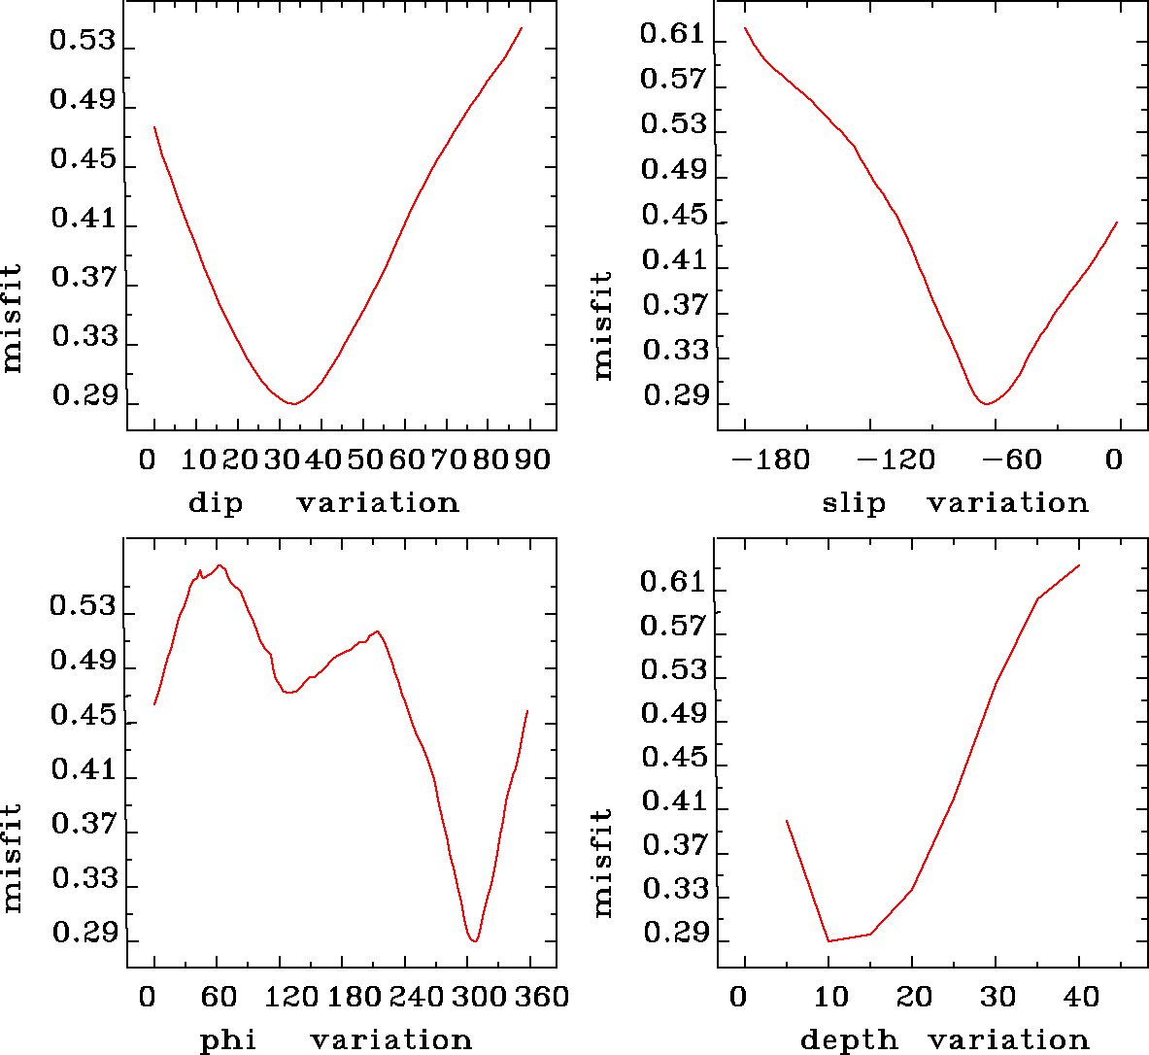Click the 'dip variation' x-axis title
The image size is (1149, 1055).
pyautogui.click(x=323, y=502)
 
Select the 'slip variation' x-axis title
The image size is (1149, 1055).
pyautogui.click(x=956, y=502)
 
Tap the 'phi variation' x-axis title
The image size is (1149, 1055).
pyautogui.click(x=335, y=1040)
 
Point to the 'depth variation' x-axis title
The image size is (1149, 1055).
pyautogui.click(x=944, y=1040)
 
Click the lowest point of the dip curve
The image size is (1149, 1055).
pyautogui.click(x=292, y=403)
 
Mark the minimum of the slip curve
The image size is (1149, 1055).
pyautogui.click(x=986, y=403)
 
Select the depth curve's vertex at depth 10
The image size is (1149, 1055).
pyautogui.click(x=828, y=941)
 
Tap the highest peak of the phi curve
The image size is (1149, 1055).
pyautogui.click(x=220, y=564)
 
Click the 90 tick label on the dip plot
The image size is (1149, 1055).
pyautogui.click(x=531, y=459)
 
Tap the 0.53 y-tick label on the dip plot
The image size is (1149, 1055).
pyautogui.click(x=83, y=43)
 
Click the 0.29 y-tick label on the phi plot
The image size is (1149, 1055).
pyautogui.click(x=83, y=935)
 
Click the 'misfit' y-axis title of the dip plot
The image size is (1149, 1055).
pyautogui.click(x=12, y=319)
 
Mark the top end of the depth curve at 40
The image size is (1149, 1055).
pyautogui.click(x=1079, y=565)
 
